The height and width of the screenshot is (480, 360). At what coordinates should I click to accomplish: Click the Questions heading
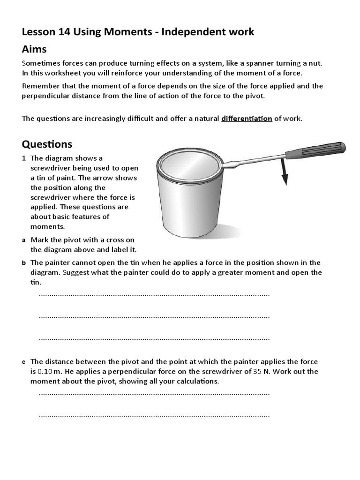[47, 143]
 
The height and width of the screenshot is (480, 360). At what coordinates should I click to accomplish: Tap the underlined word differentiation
[247, 118]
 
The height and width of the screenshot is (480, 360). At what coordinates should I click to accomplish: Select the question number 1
[23, 158]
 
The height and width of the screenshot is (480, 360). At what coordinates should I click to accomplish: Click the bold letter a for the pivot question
[23, 240]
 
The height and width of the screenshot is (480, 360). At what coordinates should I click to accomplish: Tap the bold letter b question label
[23, 262]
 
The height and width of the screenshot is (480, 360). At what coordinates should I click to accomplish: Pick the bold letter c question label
[23, 362]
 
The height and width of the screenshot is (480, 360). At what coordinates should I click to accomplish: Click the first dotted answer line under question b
[154, 294]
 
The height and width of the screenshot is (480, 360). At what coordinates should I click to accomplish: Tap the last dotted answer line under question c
[154, 415]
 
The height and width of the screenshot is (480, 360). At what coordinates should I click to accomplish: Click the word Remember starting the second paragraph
[39, 86]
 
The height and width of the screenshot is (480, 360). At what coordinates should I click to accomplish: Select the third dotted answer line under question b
[154, 338]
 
